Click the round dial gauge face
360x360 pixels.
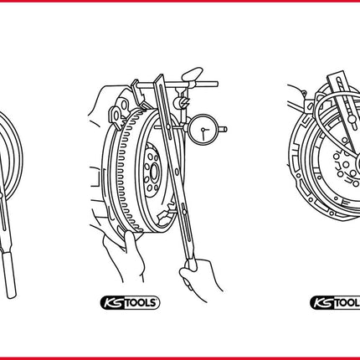click(203, 130)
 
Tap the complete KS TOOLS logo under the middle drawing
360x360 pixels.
click(130, 302)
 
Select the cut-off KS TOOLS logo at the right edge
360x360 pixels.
click(335, 303)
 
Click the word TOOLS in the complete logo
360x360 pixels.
click(140, 303)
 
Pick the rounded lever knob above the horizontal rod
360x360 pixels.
click(192, 74)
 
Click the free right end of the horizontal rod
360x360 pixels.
click(216, 84)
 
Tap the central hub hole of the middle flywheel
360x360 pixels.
click(154, 171)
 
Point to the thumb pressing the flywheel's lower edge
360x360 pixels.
click(129, 239)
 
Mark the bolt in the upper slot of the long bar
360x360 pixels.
click(168, 127)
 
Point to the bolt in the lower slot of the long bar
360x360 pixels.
click(184, 212)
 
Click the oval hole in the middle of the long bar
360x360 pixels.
click(177, 171)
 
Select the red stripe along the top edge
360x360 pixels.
click(180, 1)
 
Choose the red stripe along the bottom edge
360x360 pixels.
click(180, 358)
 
